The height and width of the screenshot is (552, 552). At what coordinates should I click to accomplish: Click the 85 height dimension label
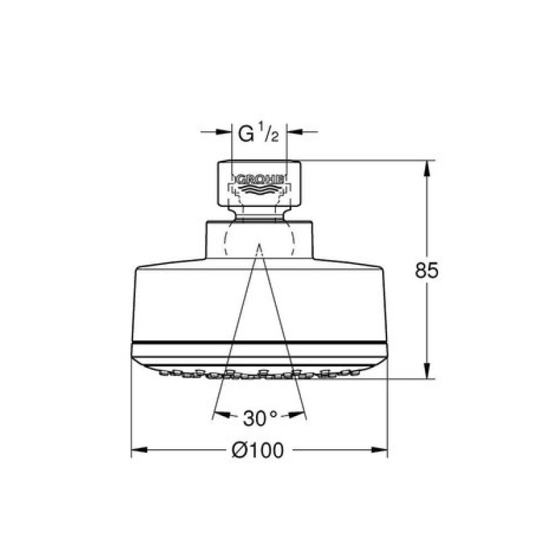(x=426, y=270)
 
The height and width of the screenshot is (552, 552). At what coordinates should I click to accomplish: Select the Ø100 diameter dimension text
(x=257, y=451)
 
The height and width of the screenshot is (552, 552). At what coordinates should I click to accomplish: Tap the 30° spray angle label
(x=260, y=419)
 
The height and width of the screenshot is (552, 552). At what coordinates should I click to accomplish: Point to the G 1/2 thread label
(x=258, y=132)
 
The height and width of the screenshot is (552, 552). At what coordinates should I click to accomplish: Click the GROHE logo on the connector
(x=259, y=179)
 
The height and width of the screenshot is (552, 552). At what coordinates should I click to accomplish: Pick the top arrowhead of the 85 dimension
(x=426, y=168)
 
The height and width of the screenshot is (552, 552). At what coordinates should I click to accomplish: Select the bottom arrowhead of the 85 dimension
(x=426, y=371)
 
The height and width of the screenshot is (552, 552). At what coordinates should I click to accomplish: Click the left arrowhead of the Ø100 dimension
(x=139, y=450)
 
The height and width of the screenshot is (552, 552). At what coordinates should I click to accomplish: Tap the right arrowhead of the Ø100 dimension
(x=379, y=450)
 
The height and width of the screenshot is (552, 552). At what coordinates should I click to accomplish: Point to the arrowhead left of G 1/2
(x=224, y=132)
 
